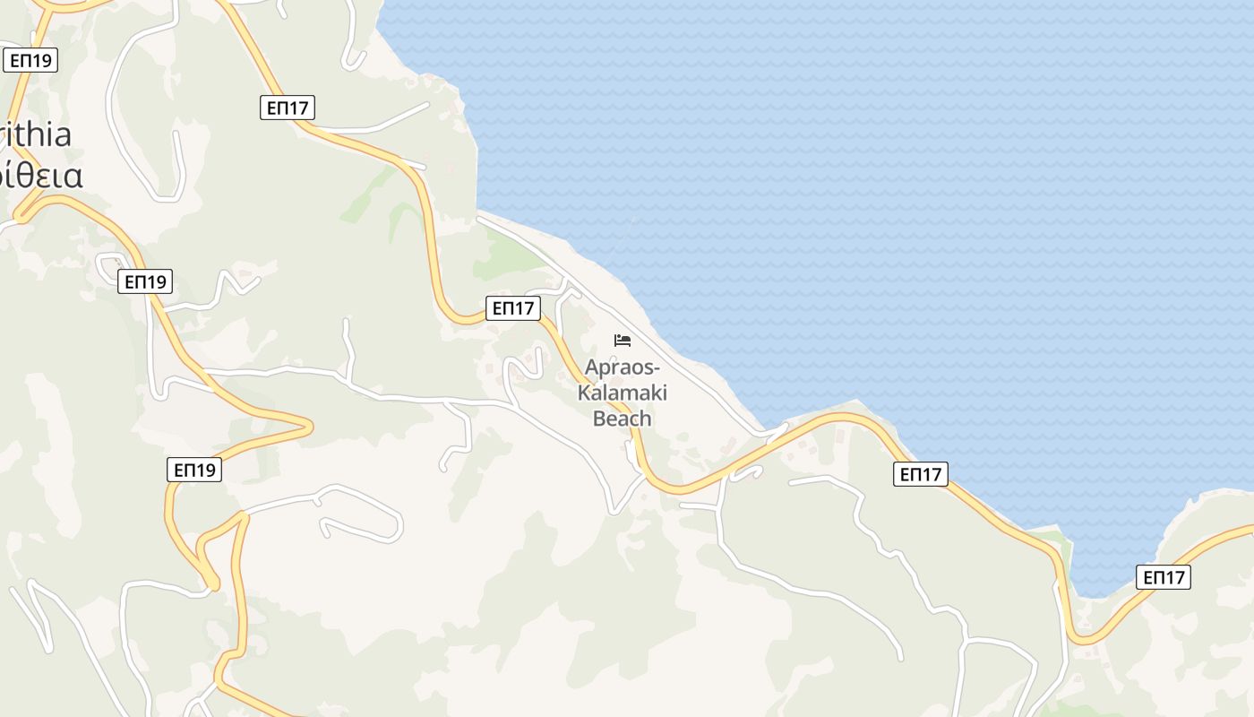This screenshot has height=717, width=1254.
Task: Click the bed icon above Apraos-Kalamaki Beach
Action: tap(623, 340)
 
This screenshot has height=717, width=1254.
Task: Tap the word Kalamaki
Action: tap(623, 393)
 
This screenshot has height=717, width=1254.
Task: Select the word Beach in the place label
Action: tap(623, 418)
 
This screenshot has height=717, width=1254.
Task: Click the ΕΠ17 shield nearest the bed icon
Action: tap(513, 308)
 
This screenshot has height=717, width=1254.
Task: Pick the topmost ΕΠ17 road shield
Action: tap(288, 108)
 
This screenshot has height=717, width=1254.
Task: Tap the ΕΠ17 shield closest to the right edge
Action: tap(1164, 577)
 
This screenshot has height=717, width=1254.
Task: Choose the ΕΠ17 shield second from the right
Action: tap(921, 474)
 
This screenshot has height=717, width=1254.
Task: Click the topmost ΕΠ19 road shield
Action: tap(30, 60)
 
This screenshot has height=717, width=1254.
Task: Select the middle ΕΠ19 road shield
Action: tap(145, 281)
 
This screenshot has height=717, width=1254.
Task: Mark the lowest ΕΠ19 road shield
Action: tap(194, 469)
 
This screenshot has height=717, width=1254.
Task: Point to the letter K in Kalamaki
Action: tap(585, 393)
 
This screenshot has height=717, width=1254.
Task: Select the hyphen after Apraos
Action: tap(657, 368)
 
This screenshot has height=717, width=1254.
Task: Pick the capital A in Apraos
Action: tap(591, 367)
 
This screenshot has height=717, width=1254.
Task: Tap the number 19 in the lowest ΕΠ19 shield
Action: tap(207, 469)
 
